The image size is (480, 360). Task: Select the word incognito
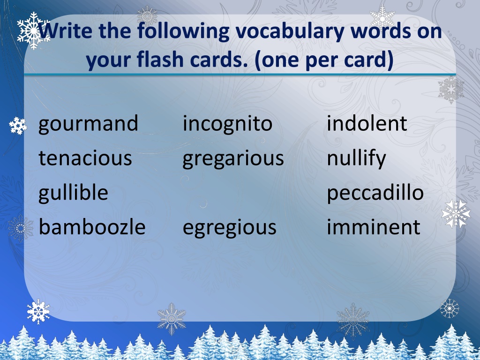[227, 124]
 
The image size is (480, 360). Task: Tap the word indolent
[367, 123]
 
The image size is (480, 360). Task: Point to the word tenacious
[85, 158]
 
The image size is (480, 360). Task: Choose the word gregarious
[233, 159]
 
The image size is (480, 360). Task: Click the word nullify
[356, 159]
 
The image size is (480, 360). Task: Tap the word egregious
[230, 228]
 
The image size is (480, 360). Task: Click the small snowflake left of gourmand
[18, 126]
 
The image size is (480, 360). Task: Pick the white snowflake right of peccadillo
[456, 213]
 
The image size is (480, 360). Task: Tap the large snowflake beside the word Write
[33, 30]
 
